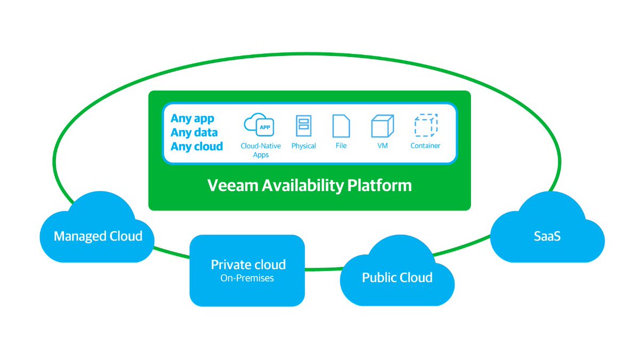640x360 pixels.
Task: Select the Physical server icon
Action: [x=303, y=126]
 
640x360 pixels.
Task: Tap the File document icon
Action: [x=341, y=126]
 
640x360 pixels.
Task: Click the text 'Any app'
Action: [x=192, y=118]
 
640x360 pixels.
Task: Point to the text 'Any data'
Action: [x=194, y=132]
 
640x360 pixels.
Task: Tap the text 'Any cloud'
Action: [x=197, y=146]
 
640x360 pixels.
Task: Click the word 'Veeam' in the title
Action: [x=229, y=186]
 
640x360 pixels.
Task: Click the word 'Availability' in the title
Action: [x=300, y=186]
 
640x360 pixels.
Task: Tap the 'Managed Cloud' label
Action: [x=98, y=236]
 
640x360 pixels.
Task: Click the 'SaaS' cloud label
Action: [x=547, y=236]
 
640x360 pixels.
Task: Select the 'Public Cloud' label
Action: [x=397, y=277]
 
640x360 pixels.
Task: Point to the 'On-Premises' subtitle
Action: [x=247, y=278]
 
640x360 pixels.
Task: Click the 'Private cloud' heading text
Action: [x=248, y=265]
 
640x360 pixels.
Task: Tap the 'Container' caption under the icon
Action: [x=426, y=146]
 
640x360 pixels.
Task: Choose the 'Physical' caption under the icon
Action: [x=303, y=146]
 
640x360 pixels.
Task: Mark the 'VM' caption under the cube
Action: [x=382, y=146]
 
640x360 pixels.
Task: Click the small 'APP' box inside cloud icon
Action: [x=264, y=127]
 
